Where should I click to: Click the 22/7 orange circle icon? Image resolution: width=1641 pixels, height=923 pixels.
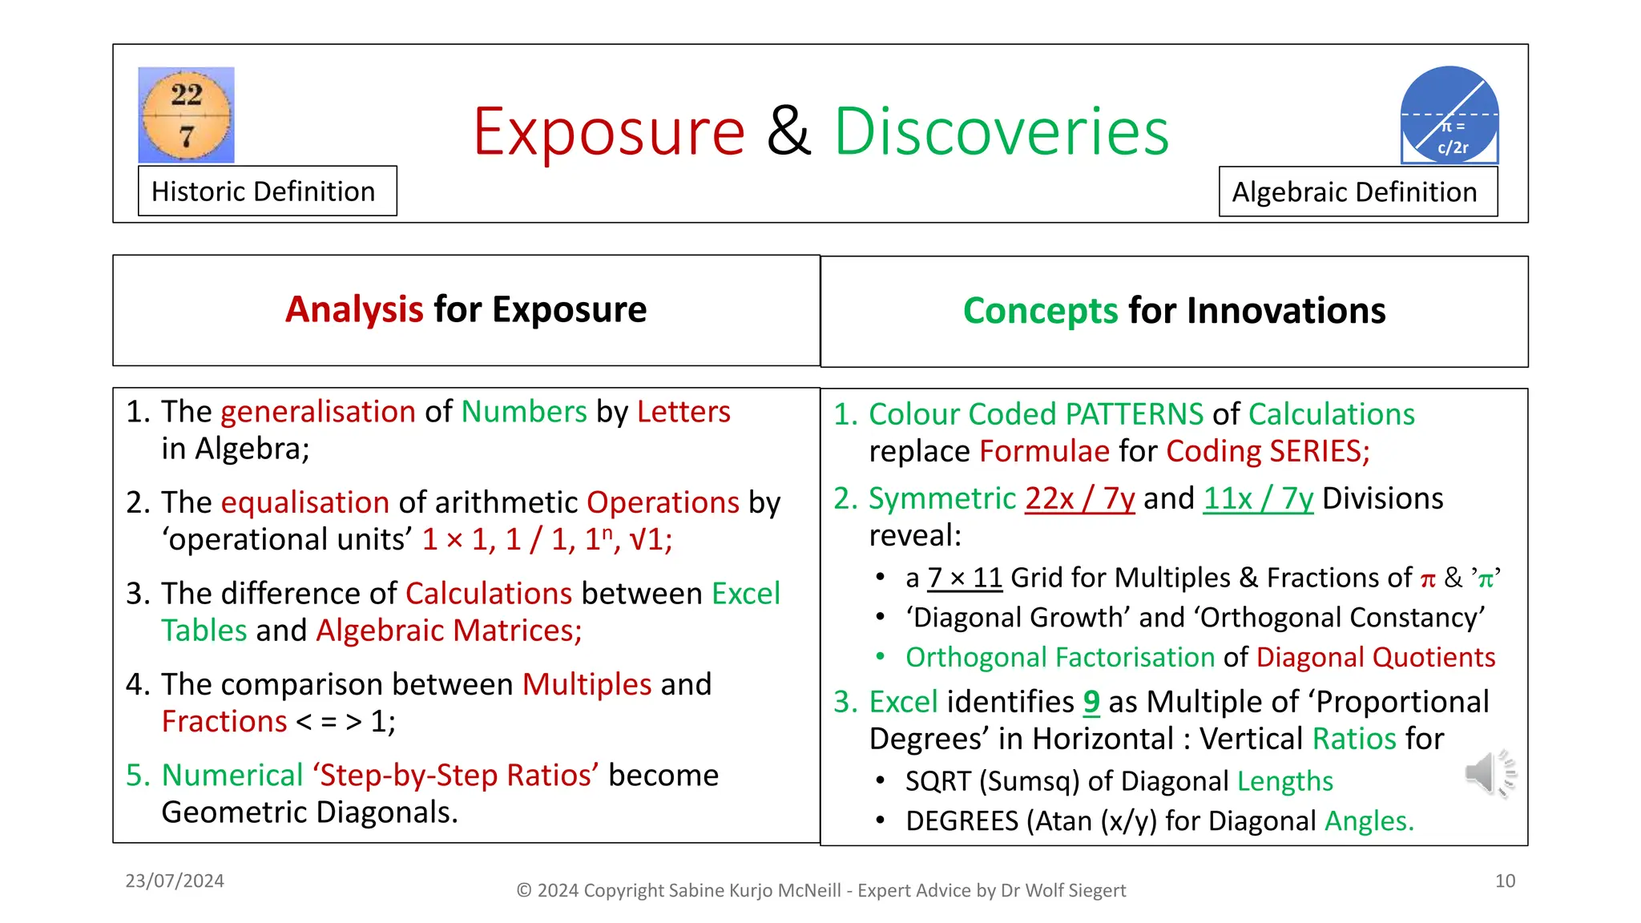(x=187, y=115)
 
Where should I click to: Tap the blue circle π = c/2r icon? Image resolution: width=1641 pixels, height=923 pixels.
(x=1449, y=115)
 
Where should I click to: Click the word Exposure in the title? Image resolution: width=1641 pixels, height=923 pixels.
(x=609, y=131)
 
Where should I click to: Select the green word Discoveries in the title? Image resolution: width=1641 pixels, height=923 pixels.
(x=1002, y=131)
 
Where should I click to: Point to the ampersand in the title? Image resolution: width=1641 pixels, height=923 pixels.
(x=789, y=131)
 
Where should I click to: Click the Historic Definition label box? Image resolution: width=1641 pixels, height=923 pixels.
(x=267, y=191)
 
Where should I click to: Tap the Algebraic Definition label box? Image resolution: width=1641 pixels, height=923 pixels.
(x=1357, y=192)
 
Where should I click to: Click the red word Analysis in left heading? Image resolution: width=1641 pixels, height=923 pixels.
(x=354, y=310)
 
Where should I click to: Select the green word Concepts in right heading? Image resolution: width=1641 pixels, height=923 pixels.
(x=1040, y=311)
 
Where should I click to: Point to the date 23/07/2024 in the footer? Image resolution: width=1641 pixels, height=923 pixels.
(x=175, y=881)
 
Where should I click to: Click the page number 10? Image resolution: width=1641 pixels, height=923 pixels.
(x=1505, y=881)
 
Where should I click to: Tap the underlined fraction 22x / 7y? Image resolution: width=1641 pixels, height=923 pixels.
(x=1079, y=498)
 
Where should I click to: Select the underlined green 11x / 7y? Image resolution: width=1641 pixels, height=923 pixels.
(x=1258, y=498)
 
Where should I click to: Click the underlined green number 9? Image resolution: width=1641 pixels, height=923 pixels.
(x=1091, y=702)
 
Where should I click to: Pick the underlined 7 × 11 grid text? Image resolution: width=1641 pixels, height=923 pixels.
(x=965, y=578)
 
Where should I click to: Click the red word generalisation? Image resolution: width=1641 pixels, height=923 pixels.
(x=318, y=412)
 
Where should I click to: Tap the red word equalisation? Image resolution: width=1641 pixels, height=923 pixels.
(x=305, y=502)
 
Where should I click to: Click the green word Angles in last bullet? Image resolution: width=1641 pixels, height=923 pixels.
(x=1369, y=821)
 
